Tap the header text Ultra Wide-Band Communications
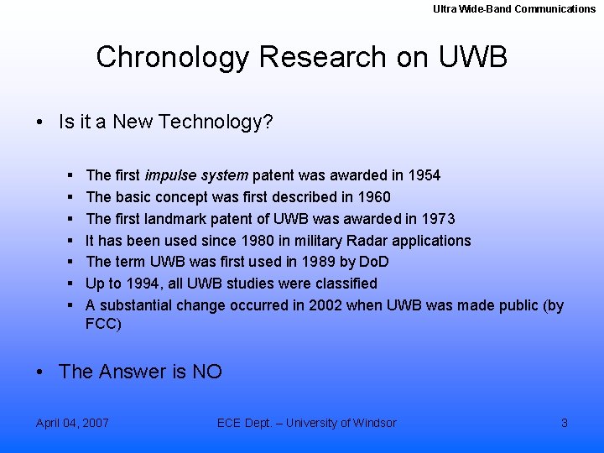click(x=514, y=9)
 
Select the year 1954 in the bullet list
click(x=424, y=175)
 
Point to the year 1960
click(x=373, y=197)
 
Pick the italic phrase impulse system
click(x=196, y=175)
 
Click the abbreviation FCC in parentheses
click(x=102, y=324)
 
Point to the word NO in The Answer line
click(x=207, y=372)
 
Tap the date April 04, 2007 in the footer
click(x=72, y=423)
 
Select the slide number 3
click(x=565, y=423)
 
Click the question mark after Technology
click(x=268, y=122)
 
